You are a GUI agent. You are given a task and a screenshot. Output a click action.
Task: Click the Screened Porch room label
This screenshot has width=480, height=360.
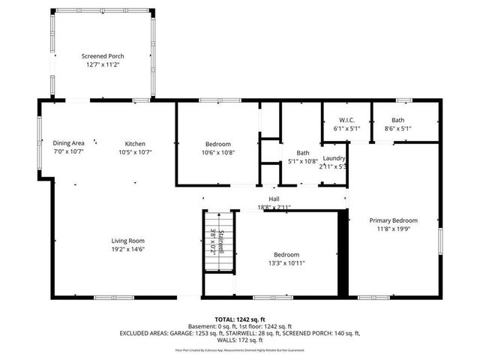[103, 56]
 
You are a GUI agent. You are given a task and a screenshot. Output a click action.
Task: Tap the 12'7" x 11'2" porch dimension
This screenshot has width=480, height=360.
[103, 65]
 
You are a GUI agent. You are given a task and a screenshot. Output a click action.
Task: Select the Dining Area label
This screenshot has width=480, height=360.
[68, 143]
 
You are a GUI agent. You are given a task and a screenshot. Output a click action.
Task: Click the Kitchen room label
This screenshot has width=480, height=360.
[135, 143]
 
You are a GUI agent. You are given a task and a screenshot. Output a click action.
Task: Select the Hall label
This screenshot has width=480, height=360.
[274, 199]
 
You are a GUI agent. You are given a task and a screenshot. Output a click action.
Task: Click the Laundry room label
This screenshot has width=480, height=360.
[334, 158]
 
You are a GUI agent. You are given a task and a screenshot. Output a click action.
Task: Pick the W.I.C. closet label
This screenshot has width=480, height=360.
[346, 120]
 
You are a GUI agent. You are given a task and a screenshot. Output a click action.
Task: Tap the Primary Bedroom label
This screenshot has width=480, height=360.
[393, 220]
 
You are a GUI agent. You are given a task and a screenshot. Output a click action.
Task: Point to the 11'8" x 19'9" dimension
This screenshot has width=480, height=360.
[393, 229]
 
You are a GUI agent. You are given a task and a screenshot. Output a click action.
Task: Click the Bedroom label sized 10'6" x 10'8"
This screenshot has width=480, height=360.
[218, 143]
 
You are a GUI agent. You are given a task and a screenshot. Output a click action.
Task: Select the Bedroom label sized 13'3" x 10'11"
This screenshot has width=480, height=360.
[286, 254]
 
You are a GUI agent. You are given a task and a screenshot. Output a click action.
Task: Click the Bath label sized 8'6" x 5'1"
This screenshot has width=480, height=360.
[397, 120]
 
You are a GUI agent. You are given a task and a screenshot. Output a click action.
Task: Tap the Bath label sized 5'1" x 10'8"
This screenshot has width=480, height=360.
[303, 152]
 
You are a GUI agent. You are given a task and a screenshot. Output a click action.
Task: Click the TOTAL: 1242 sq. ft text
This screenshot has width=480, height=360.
[240, 320]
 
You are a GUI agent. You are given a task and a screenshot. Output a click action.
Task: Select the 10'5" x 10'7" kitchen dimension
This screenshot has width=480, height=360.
[135, 152]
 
